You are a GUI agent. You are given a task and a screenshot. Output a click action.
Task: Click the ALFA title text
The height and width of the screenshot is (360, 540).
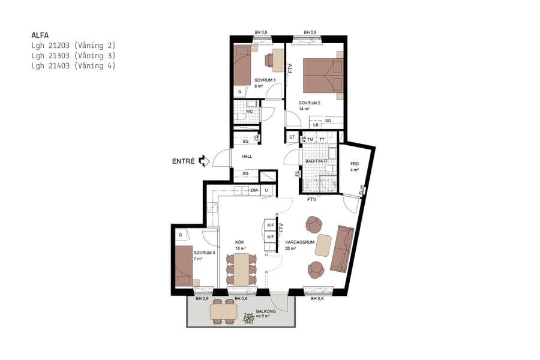(x=40, y=35)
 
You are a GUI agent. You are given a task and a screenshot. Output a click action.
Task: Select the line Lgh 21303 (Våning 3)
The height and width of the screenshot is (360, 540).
(x=73, y=55)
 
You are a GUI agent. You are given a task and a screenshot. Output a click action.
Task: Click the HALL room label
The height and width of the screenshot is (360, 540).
(x=247, y=157)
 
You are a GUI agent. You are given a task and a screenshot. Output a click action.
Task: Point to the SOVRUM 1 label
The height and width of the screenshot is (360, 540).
(x=264, y=80)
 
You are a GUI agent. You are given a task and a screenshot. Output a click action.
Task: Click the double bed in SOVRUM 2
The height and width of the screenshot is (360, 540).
(x=322, y=76)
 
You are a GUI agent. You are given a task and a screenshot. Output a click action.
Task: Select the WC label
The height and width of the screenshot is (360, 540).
(x=249, y=111)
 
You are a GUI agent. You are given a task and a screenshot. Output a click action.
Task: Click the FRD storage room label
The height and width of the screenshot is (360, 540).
(x=354, y=163)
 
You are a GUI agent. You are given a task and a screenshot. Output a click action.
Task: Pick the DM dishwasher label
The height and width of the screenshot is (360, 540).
(x=254, y=191)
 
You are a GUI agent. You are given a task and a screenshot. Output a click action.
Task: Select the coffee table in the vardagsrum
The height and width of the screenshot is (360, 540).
(x=324, y=245)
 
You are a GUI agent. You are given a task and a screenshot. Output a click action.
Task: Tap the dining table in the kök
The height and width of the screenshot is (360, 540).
(x=241, y=269)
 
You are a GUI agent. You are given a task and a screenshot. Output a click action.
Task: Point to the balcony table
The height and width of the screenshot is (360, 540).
(x=223, y=312)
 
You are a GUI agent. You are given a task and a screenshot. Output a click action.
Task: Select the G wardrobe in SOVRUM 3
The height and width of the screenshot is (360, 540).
(x=180, y=235)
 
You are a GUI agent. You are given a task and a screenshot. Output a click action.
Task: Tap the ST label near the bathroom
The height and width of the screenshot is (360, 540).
(x=292, y=137)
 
